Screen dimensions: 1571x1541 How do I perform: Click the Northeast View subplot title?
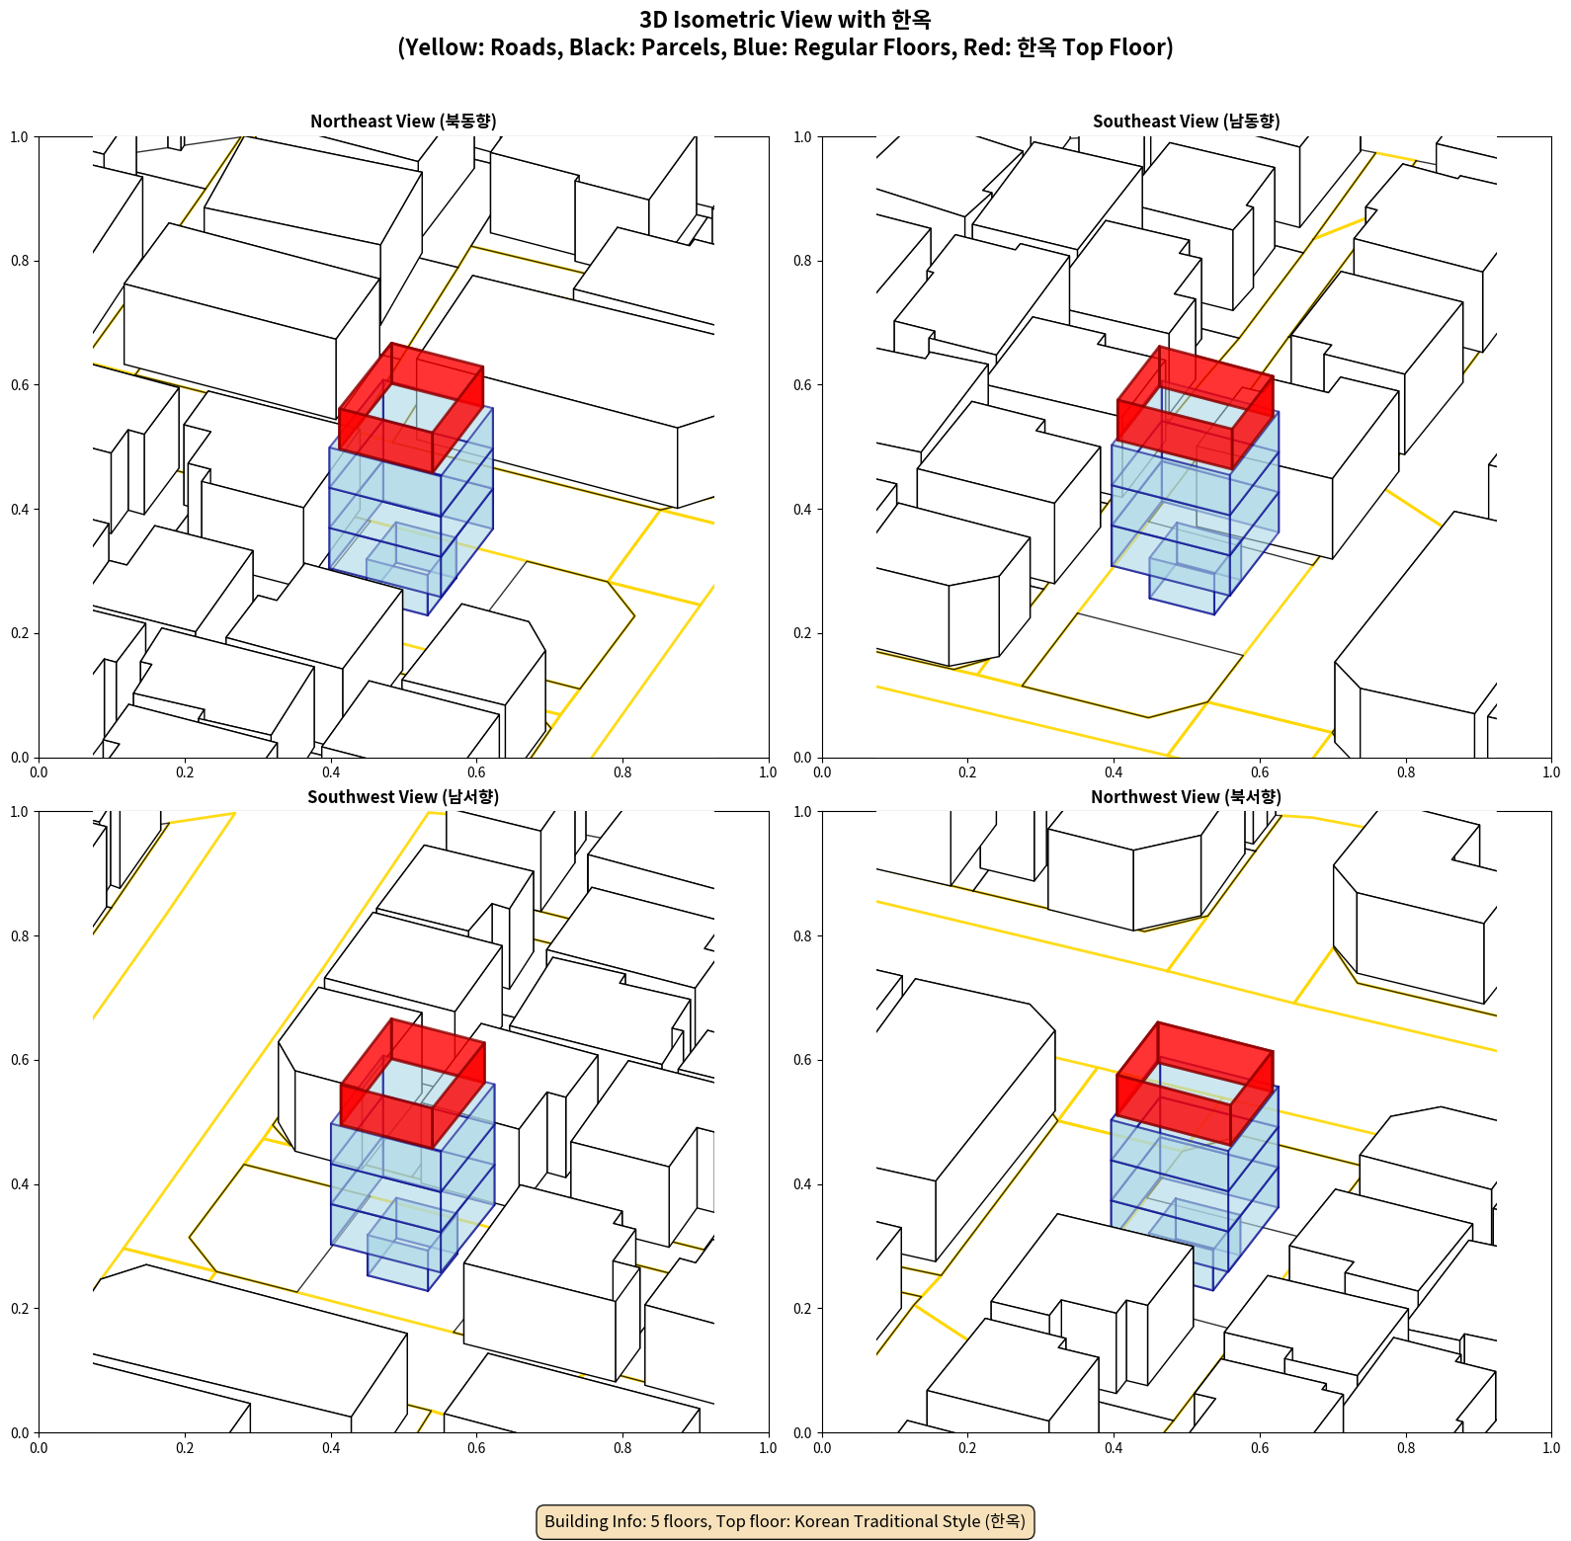pos(403,122)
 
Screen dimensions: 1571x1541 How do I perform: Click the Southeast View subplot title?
pos(1186,122)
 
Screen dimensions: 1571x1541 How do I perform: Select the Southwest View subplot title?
pos(403,797)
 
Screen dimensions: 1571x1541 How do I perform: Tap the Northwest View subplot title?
pos(1186,797)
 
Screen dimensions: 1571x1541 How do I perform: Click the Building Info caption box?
pos(785,1521)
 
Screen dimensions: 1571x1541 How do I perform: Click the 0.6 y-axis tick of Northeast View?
pos(20,385)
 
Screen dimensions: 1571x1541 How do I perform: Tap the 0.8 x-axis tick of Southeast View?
pos(1406,772)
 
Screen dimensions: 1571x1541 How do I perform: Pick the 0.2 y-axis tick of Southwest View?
pos(20,1309)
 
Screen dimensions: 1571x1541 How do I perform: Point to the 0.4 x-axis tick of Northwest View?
pos(1114,1448)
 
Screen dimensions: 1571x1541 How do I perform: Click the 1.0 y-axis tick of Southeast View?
pos(802,137)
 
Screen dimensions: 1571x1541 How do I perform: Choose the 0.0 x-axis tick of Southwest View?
pos(39,1448)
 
